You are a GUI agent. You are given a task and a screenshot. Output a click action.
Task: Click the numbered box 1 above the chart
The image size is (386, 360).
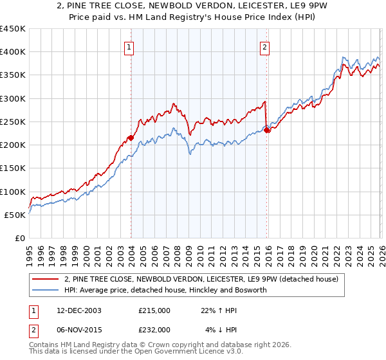coord(130,46)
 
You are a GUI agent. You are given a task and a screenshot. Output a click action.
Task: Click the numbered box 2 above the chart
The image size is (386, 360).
coord(264,46)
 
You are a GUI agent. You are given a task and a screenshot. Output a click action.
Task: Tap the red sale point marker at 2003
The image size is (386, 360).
coord(131,138)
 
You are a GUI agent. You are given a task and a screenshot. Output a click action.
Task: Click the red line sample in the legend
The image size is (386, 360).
coord(46,279)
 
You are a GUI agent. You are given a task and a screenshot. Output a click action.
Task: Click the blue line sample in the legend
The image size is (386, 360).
coord(46,290)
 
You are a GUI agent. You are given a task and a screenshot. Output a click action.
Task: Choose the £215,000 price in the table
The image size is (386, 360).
coord(154,310)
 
